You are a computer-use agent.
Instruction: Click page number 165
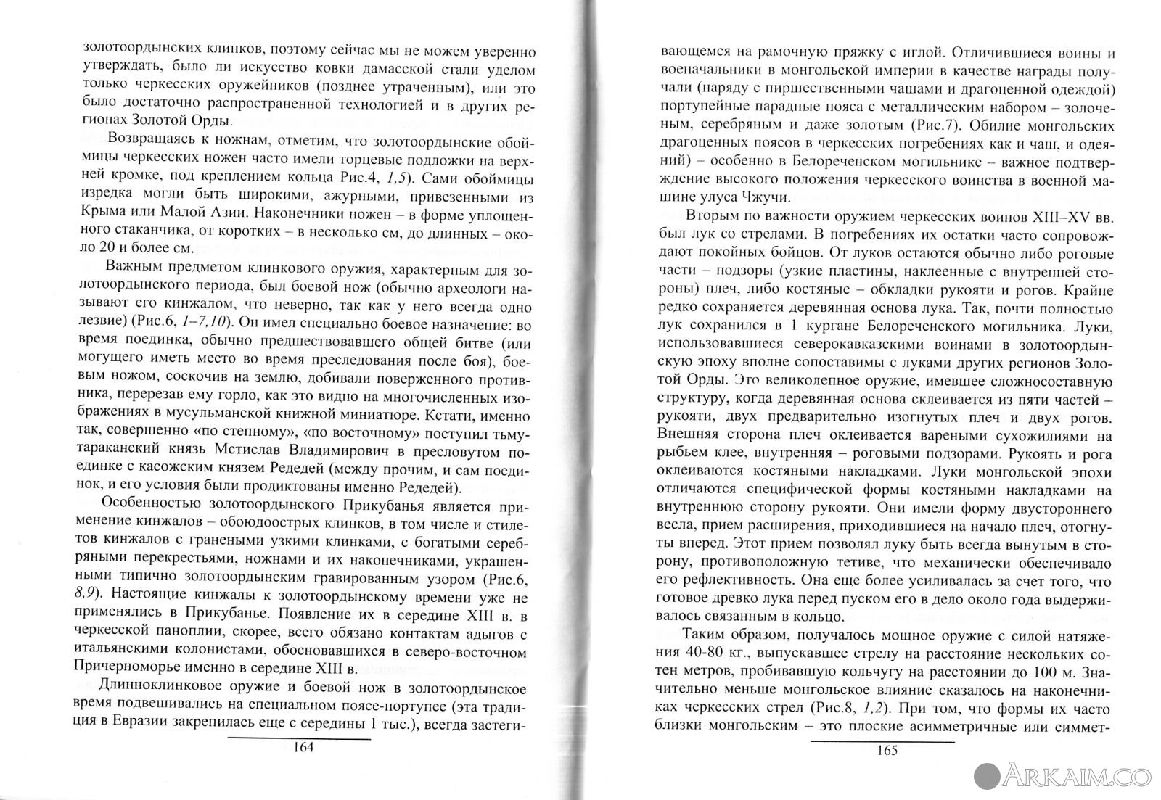pos(887,749)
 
